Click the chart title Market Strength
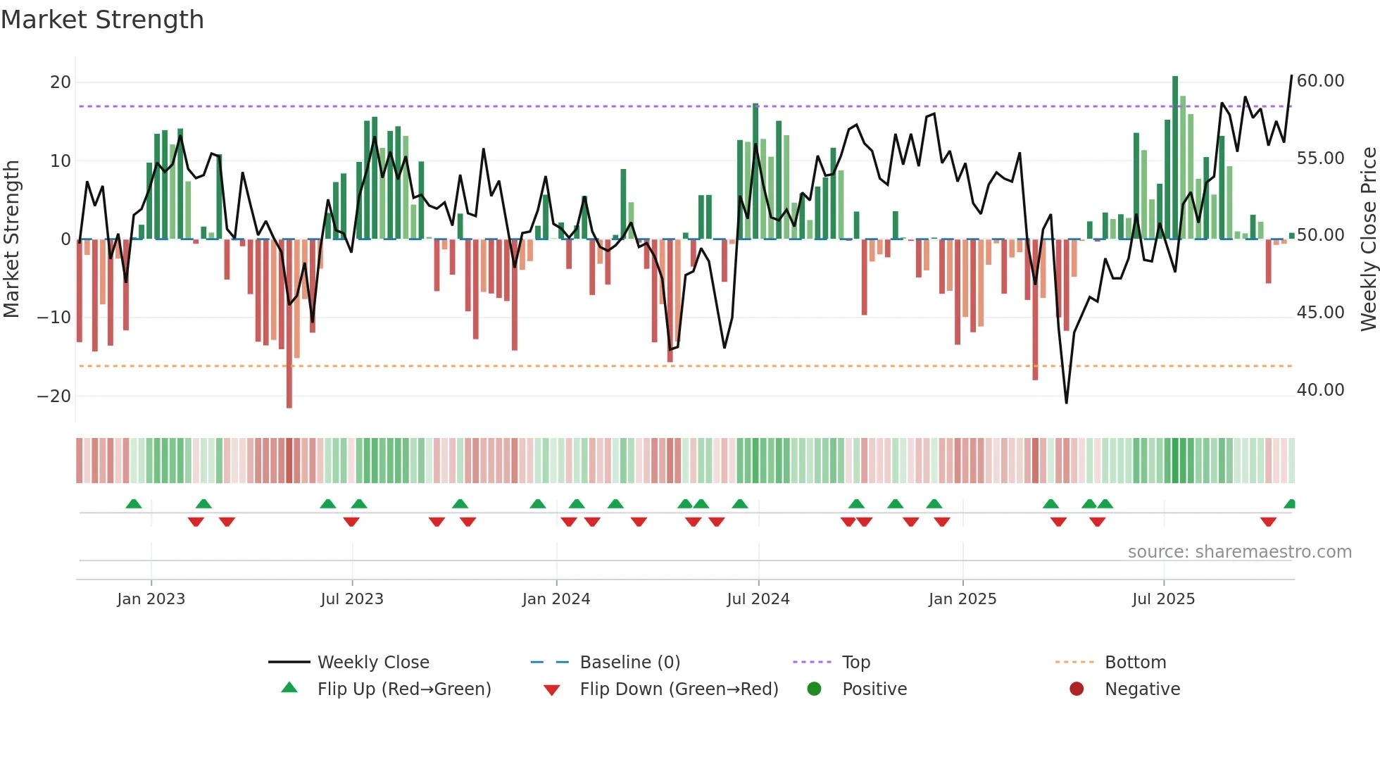click(x=102, y=20)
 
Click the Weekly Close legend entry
click(x=372, y=662)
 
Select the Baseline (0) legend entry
click(x=629, y=662)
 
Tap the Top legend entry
click(x=855, y=662)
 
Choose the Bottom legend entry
click(x=1135, y=662)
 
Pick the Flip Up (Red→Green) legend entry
click(x=403, y=689)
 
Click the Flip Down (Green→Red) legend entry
click(x=679, y=689)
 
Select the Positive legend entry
click(x=874, y=689)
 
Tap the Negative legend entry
click(x=1142, y=689)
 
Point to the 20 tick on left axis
click(x=61, y=82)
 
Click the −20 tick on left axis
click(x=54, y=396)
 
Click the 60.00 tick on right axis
click(x=1320, y=81)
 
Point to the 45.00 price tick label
click(x=1320, y=313)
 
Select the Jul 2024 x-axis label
click(x=758, y=599)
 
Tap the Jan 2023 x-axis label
click(x=151, y=599)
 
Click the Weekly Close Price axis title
click(x=1368, y=239)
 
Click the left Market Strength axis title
click(x=11, y=239)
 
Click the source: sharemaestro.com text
click(x=1239, y=552)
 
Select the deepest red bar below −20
click(x=289, y=324)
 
